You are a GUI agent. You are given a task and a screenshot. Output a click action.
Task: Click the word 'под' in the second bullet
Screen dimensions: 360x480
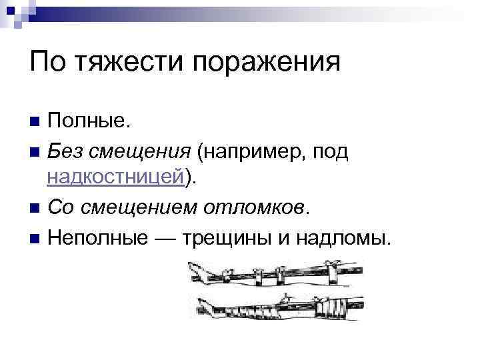(x=329, y=151)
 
